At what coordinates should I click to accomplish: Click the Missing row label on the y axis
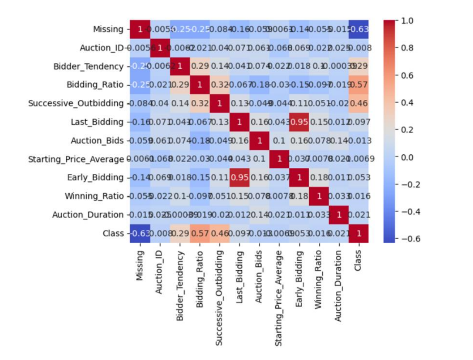[x=108, y=29]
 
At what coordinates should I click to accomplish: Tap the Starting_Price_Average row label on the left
[x=76, y=159]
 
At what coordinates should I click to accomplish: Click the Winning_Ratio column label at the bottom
[x=318, y=272]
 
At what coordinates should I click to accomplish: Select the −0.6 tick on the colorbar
[x=409, y=238]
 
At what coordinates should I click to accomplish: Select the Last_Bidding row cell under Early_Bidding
[x=298, y=122]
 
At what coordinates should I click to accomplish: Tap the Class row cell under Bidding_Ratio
[x=199, y=233]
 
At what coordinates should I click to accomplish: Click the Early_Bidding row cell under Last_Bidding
[x=239, y=177]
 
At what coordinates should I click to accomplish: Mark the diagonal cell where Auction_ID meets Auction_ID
[x=159, y=48]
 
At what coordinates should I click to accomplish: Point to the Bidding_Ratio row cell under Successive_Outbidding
[x=219, y=85]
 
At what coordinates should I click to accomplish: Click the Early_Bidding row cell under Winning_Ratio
[x=318, y=177]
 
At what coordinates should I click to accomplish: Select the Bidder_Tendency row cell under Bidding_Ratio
[x=199, y=66]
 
